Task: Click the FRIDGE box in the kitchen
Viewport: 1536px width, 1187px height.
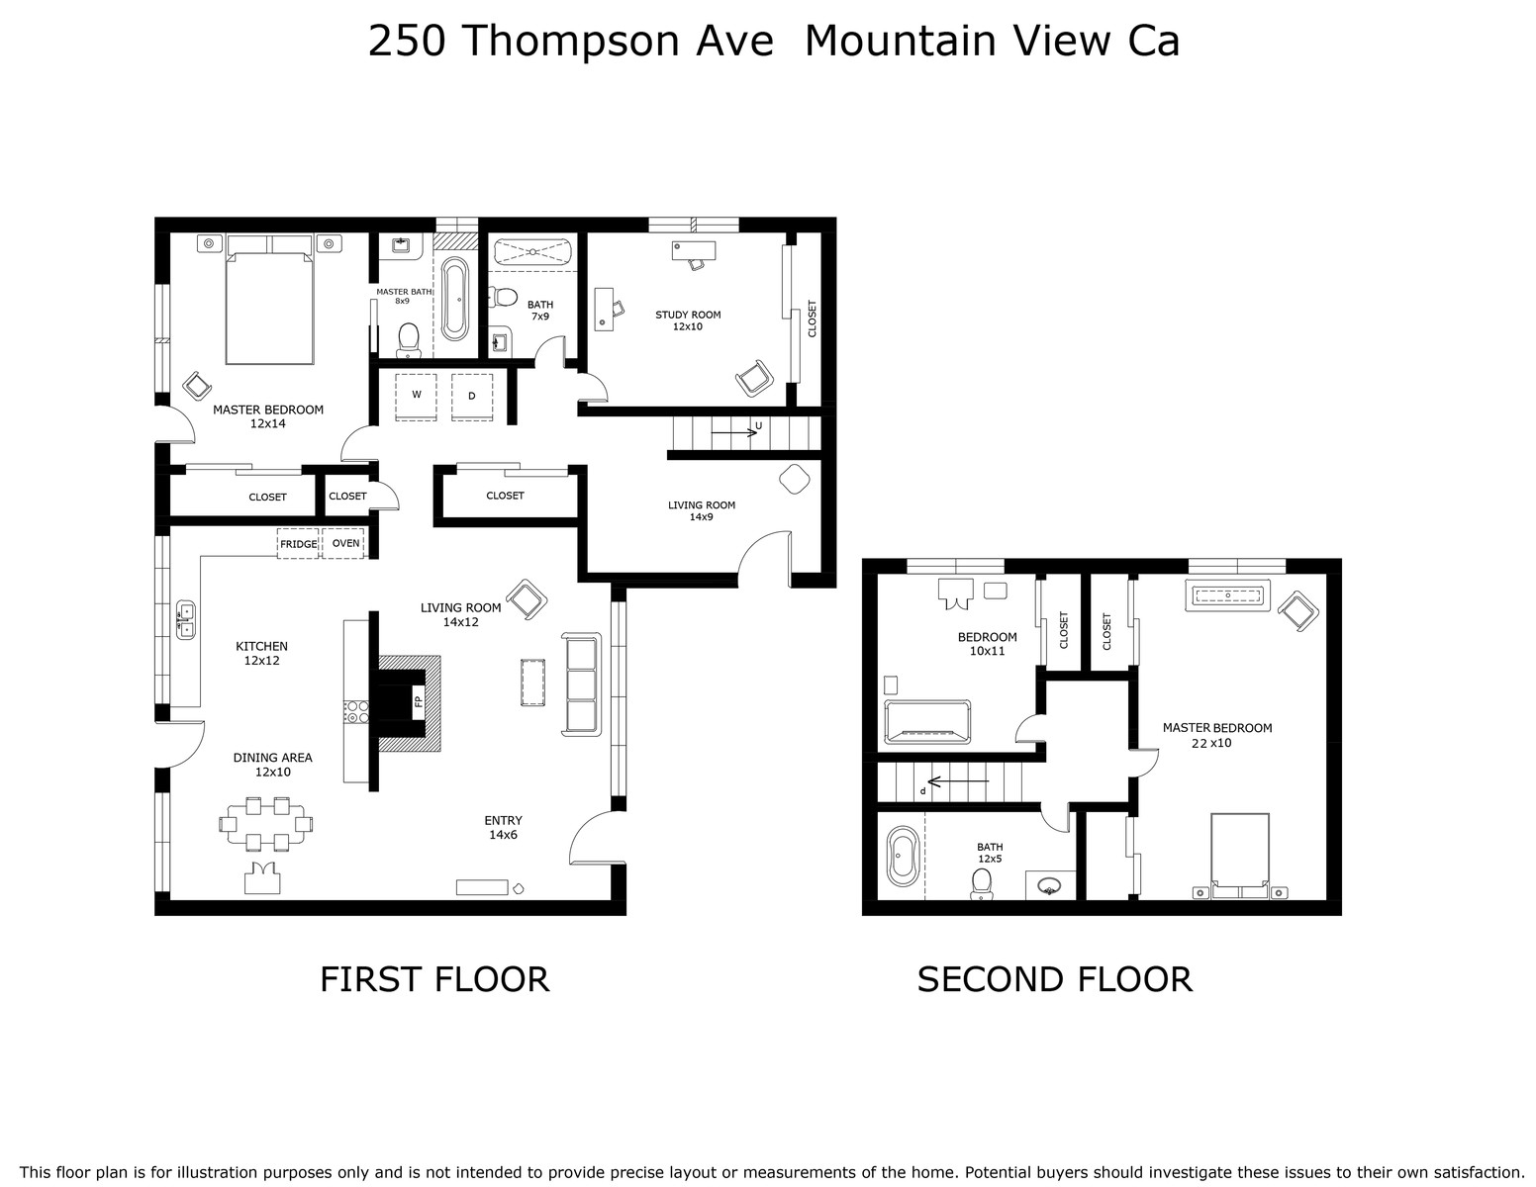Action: coord(298,543)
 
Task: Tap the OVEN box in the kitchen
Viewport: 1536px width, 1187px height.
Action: coord(342,543)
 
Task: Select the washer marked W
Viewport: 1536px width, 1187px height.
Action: coord(416,397)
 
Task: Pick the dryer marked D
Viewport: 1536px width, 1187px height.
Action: coord(471,397)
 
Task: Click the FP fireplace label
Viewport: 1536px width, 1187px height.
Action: coord(418,701)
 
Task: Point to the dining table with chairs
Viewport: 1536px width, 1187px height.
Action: coord(265,823)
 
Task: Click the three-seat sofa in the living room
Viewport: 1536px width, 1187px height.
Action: coord(581,685)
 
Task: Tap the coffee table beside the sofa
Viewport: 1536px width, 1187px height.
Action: coord(533,683)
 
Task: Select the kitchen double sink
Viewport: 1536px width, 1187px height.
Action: coord(185,620)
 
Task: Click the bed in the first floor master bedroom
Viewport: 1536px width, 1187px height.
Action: coord(269,300)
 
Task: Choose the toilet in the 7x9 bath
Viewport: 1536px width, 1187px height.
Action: coord(504,297)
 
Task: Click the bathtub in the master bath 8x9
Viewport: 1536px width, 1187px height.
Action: coord(454,300)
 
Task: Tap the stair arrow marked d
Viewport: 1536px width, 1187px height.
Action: coord(958,781)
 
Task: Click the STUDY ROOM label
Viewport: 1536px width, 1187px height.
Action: coord(688,315)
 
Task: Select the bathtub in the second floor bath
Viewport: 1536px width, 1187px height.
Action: coord(903,856)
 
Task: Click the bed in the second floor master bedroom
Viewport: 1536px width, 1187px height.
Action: coord(1240,855)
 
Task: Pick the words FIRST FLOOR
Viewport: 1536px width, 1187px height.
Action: coord(434,979)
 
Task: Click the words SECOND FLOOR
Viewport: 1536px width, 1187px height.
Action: coord(1055,979)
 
